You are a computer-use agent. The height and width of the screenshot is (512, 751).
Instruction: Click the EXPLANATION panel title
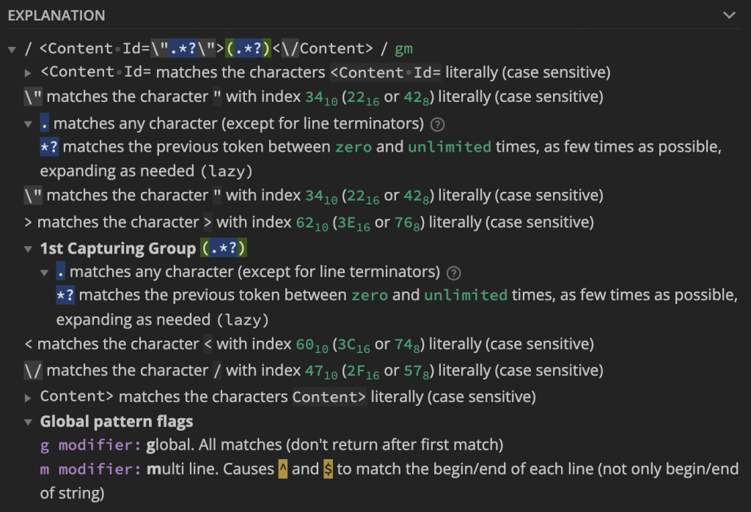tap(56, 15)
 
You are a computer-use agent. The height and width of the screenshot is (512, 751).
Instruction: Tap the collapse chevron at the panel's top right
tap(729, 15)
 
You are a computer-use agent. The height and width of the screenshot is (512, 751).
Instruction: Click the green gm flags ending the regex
tap(403, 49)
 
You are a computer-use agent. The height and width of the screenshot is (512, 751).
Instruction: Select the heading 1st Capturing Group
tap(117, 248)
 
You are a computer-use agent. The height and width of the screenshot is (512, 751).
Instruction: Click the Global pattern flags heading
tap(117, 421)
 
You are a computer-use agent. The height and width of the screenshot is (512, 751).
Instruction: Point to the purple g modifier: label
tap(90, 445)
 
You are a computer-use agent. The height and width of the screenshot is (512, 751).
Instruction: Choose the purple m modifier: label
tap(90, 469)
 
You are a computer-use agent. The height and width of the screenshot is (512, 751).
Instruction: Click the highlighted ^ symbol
tap(282, 469)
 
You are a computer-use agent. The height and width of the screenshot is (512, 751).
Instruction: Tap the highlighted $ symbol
tap(328, 469)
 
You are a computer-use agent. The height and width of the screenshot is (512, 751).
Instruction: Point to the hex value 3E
tap(345, 221)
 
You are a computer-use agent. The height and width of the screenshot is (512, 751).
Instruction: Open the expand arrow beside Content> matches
tap(28, 397)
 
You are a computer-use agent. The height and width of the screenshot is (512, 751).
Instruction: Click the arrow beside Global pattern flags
tap(28, 422)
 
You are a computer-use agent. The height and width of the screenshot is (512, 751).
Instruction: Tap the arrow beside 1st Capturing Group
tap(28, 249)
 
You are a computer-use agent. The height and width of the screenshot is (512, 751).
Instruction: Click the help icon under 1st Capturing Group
tap(453, 273)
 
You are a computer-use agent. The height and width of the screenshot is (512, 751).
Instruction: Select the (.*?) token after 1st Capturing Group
tap(224, 248)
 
